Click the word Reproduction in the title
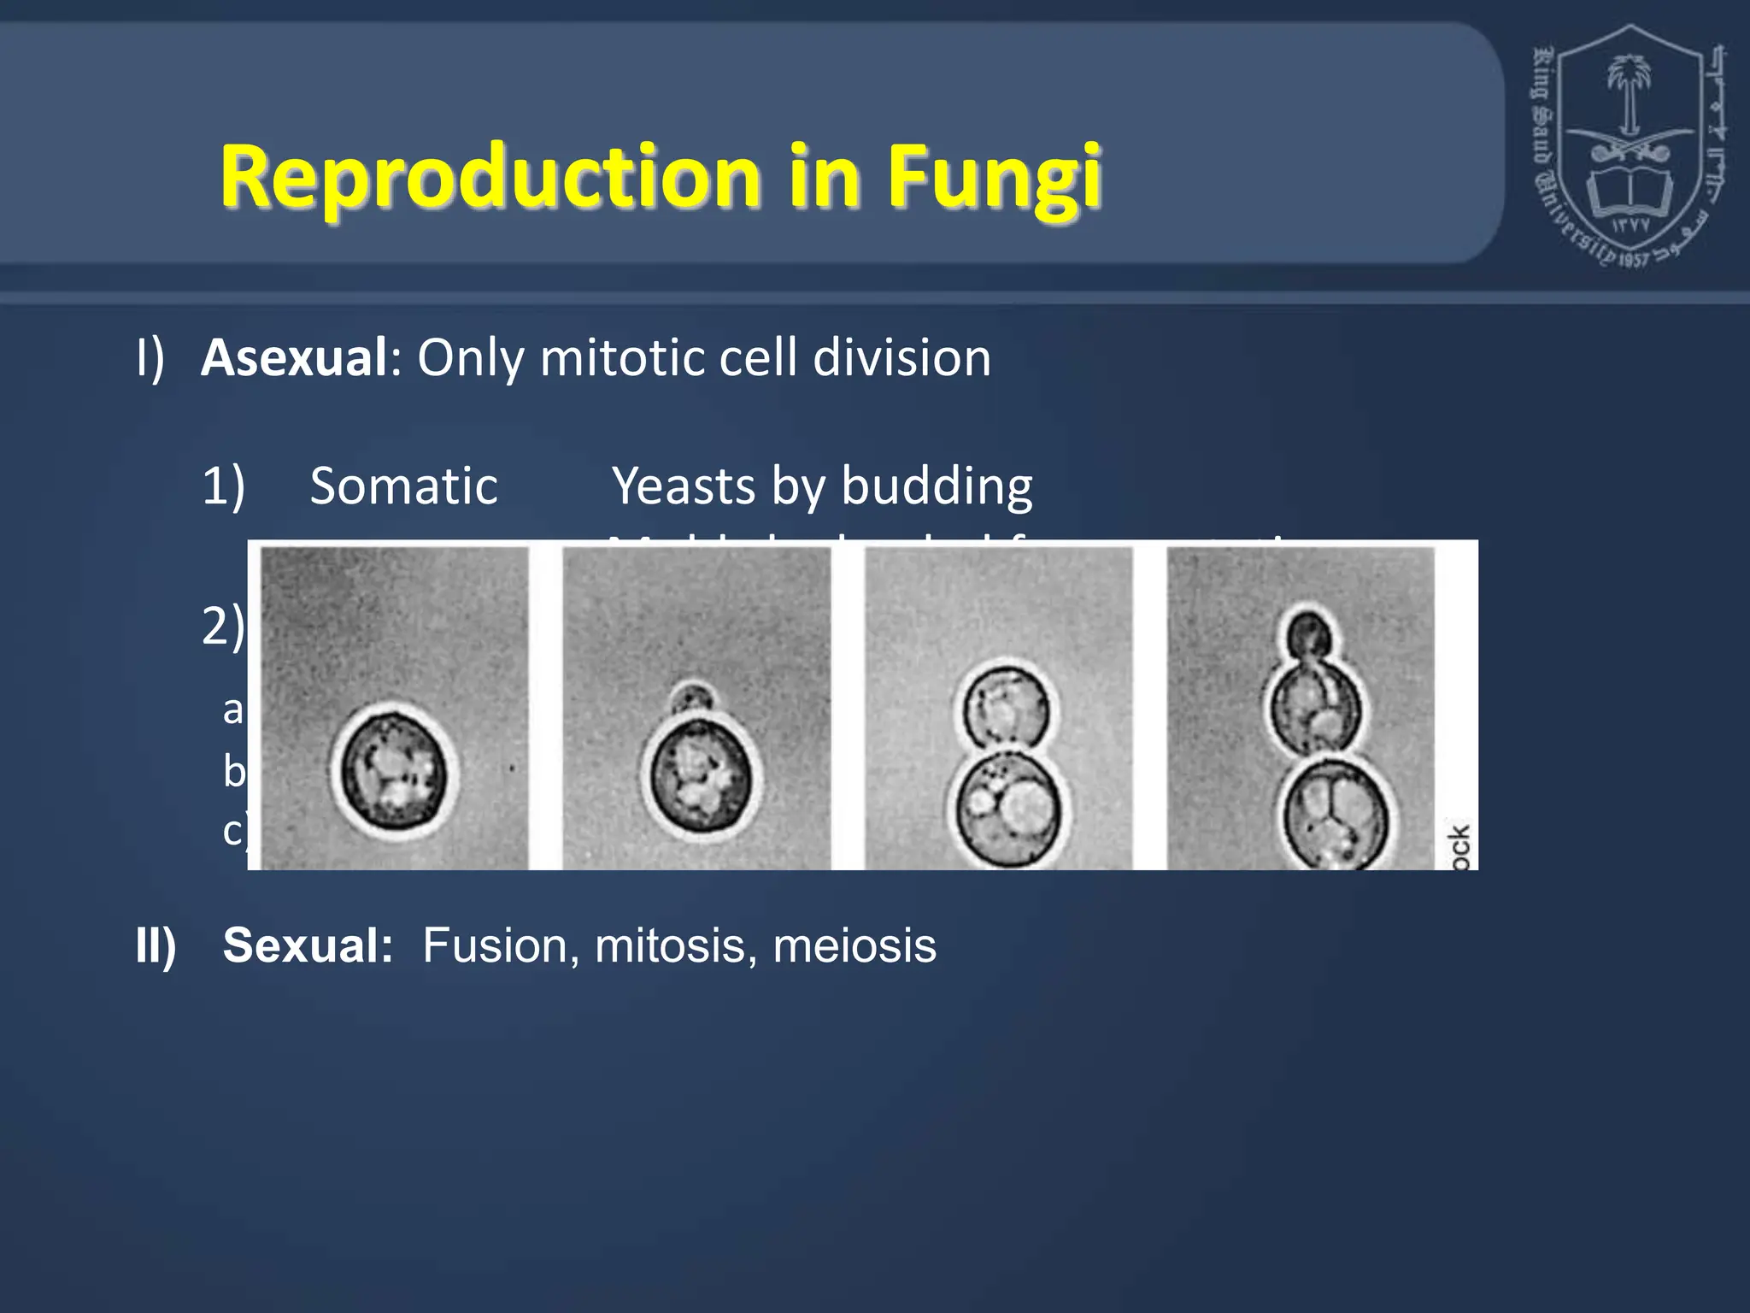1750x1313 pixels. pyautogui.click(x=490, y=176)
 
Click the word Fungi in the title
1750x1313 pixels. pyautogui.click(x=994, y=178)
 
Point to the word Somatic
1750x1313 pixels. pyautogui.click(x=403, y=486)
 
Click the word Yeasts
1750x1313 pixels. pyautogui.click(x=684, y=486)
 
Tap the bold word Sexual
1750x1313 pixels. pyautogui.click(x=308, y=945)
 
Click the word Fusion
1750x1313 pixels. pyautogui.click(x=495, y=945)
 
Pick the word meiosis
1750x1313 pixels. pyautogui.click(x=854, y=945)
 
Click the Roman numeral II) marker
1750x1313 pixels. pyautogui.click(x=156, y=945)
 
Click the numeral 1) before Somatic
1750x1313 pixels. pyautogui.click(x=223, y=486)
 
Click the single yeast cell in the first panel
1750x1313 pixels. pyautogui.click(x=394, y=772)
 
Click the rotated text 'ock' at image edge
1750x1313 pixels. pyautogui.click(x=1459, y=846)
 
